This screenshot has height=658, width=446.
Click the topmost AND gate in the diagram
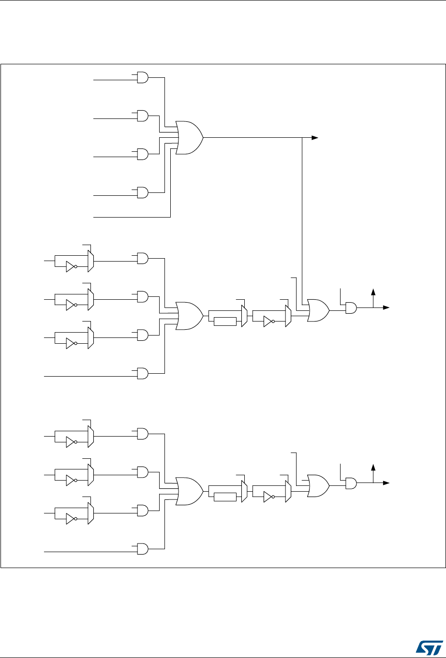pos(143,77)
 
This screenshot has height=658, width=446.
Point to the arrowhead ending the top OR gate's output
pos(315,138)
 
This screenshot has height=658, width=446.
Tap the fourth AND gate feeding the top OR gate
pos(143,193)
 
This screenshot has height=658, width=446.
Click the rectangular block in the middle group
pos(224,322)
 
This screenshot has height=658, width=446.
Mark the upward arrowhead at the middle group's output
pos(373,292)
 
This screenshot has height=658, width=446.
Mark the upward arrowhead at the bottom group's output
pos(373,467)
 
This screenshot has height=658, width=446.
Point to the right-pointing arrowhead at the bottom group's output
pos(387,483)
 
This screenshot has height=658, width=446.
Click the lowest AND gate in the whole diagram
pos(143,549)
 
